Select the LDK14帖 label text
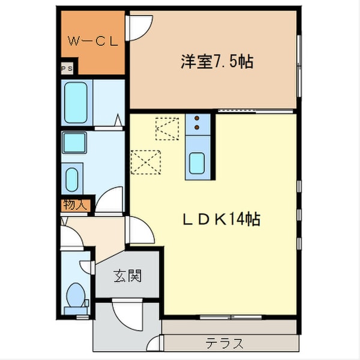coord(220,220)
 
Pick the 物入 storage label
coord(75,205)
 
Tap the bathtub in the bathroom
coord(79,101)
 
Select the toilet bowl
coord(76,295)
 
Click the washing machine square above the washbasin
coord(75,143)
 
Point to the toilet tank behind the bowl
coord(75,310)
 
